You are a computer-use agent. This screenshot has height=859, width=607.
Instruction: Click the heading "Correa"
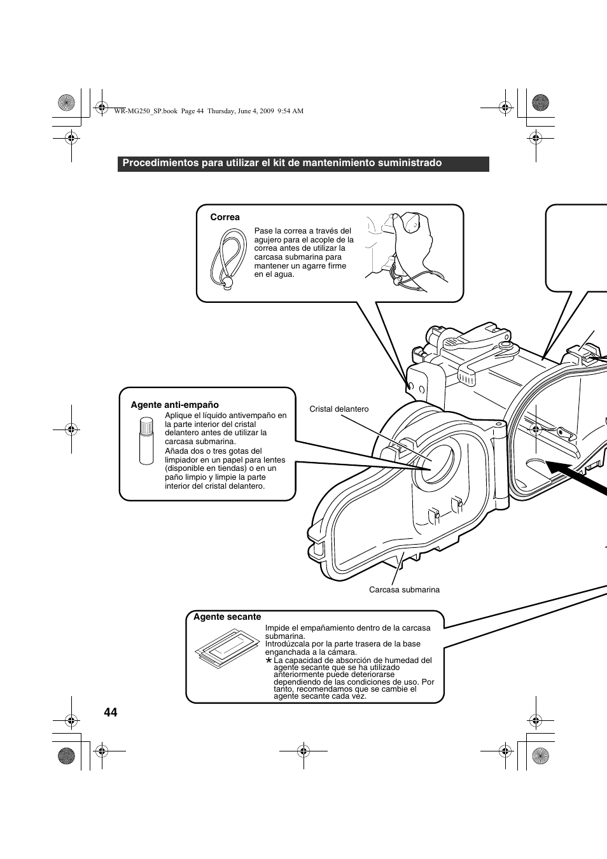pos(225,218)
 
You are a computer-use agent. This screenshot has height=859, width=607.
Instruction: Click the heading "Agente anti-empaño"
pos(175,405)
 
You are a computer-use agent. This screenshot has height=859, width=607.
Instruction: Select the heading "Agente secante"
pos(227,617)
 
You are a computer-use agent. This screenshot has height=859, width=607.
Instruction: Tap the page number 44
pos(110,712)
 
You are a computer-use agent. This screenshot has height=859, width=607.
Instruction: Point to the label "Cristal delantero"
pos(339,409)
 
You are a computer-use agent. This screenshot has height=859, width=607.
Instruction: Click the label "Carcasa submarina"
pos(404,590)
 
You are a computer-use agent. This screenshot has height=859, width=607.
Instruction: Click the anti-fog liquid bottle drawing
pos(146,440)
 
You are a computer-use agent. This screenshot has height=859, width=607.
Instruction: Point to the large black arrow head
pos(561,468)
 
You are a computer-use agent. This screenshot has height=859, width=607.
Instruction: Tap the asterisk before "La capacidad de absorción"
pos(269,661)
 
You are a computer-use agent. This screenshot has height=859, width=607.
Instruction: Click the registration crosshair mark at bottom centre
pos(303,751)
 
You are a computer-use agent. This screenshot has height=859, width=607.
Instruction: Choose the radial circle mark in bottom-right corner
pos(540,755)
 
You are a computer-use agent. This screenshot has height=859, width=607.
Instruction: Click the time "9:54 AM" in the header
pos(291,111)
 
